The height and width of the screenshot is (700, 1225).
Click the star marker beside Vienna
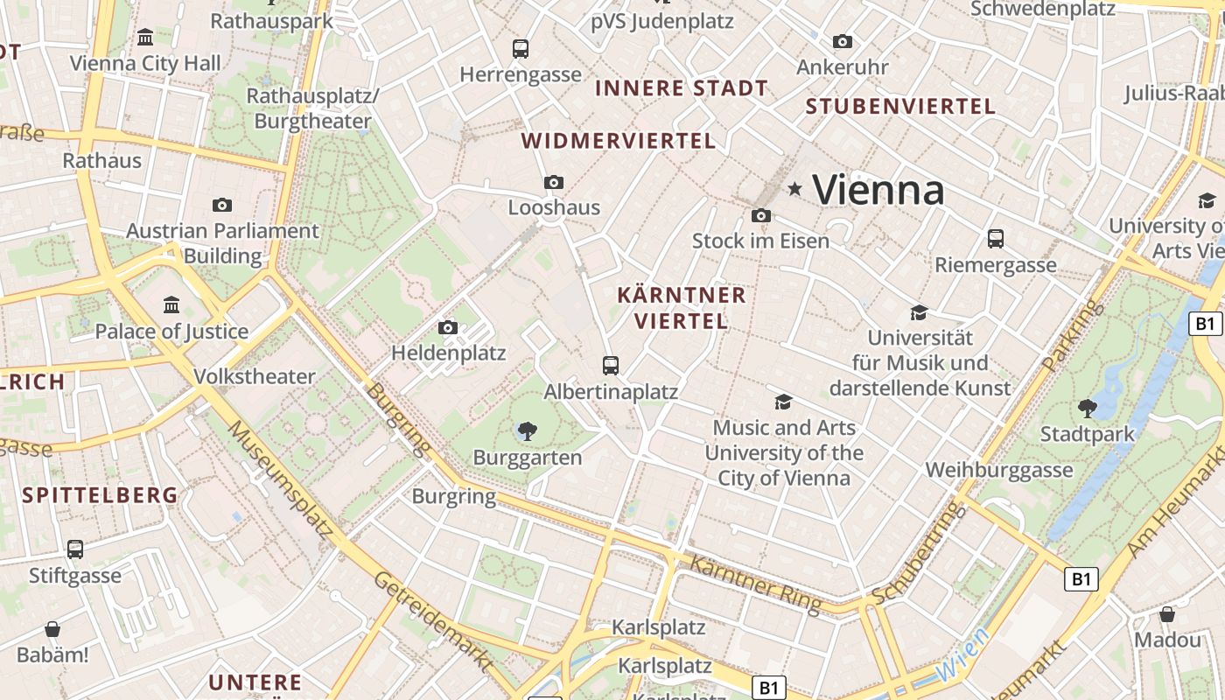[x=794, y=188]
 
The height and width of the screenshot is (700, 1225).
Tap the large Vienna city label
[x=878, y=189]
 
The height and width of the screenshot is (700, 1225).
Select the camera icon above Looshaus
[x=553, y=182]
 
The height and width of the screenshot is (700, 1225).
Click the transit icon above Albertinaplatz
[x=611, y=366]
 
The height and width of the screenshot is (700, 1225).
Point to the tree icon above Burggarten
[x=527, y=430]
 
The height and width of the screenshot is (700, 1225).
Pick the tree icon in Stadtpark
[x=1087, y=407]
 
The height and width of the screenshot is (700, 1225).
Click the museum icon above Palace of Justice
[x=171, y=305]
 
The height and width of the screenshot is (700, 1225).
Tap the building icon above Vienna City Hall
[x=145, y=37]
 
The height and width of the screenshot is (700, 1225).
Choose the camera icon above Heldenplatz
[x=448, y=327]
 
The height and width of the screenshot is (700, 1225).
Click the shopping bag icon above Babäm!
[x=52, y=629]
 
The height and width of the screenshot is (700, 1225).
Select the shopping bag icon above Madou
[x=1167, y=613]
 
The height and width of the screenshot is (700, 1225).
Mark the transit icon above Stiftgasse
[x=75, y=549]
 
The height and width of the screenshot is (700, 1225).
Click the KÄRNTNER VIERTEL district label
[x=682, y=308]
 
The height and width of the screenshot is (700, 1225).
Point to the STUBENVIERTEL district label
[x=900, y=107]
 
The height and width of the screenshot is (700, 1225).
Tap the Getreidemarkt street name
[x=432, y=622]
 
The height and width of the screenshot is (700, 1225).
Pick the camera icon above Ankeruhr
[x=843, y=41]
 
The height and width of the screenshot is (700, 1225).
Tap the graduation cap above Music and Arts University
[x=783, y=402]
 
